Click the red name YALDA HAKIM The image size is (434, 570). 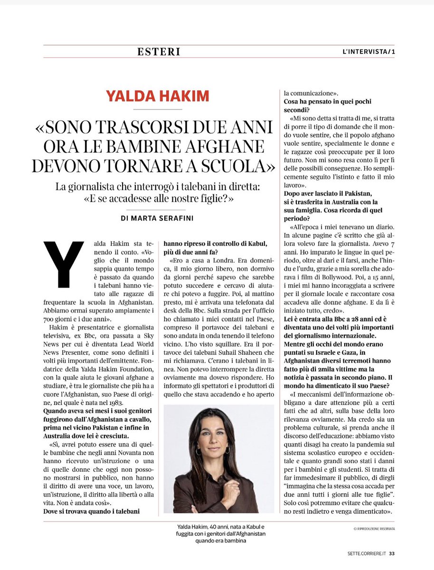click(x=157, y=96)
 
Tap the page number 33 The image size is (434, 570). click(x=392, y=553)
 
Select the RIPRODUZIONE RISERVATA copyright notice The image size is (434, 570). click(x=374, y=528)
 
